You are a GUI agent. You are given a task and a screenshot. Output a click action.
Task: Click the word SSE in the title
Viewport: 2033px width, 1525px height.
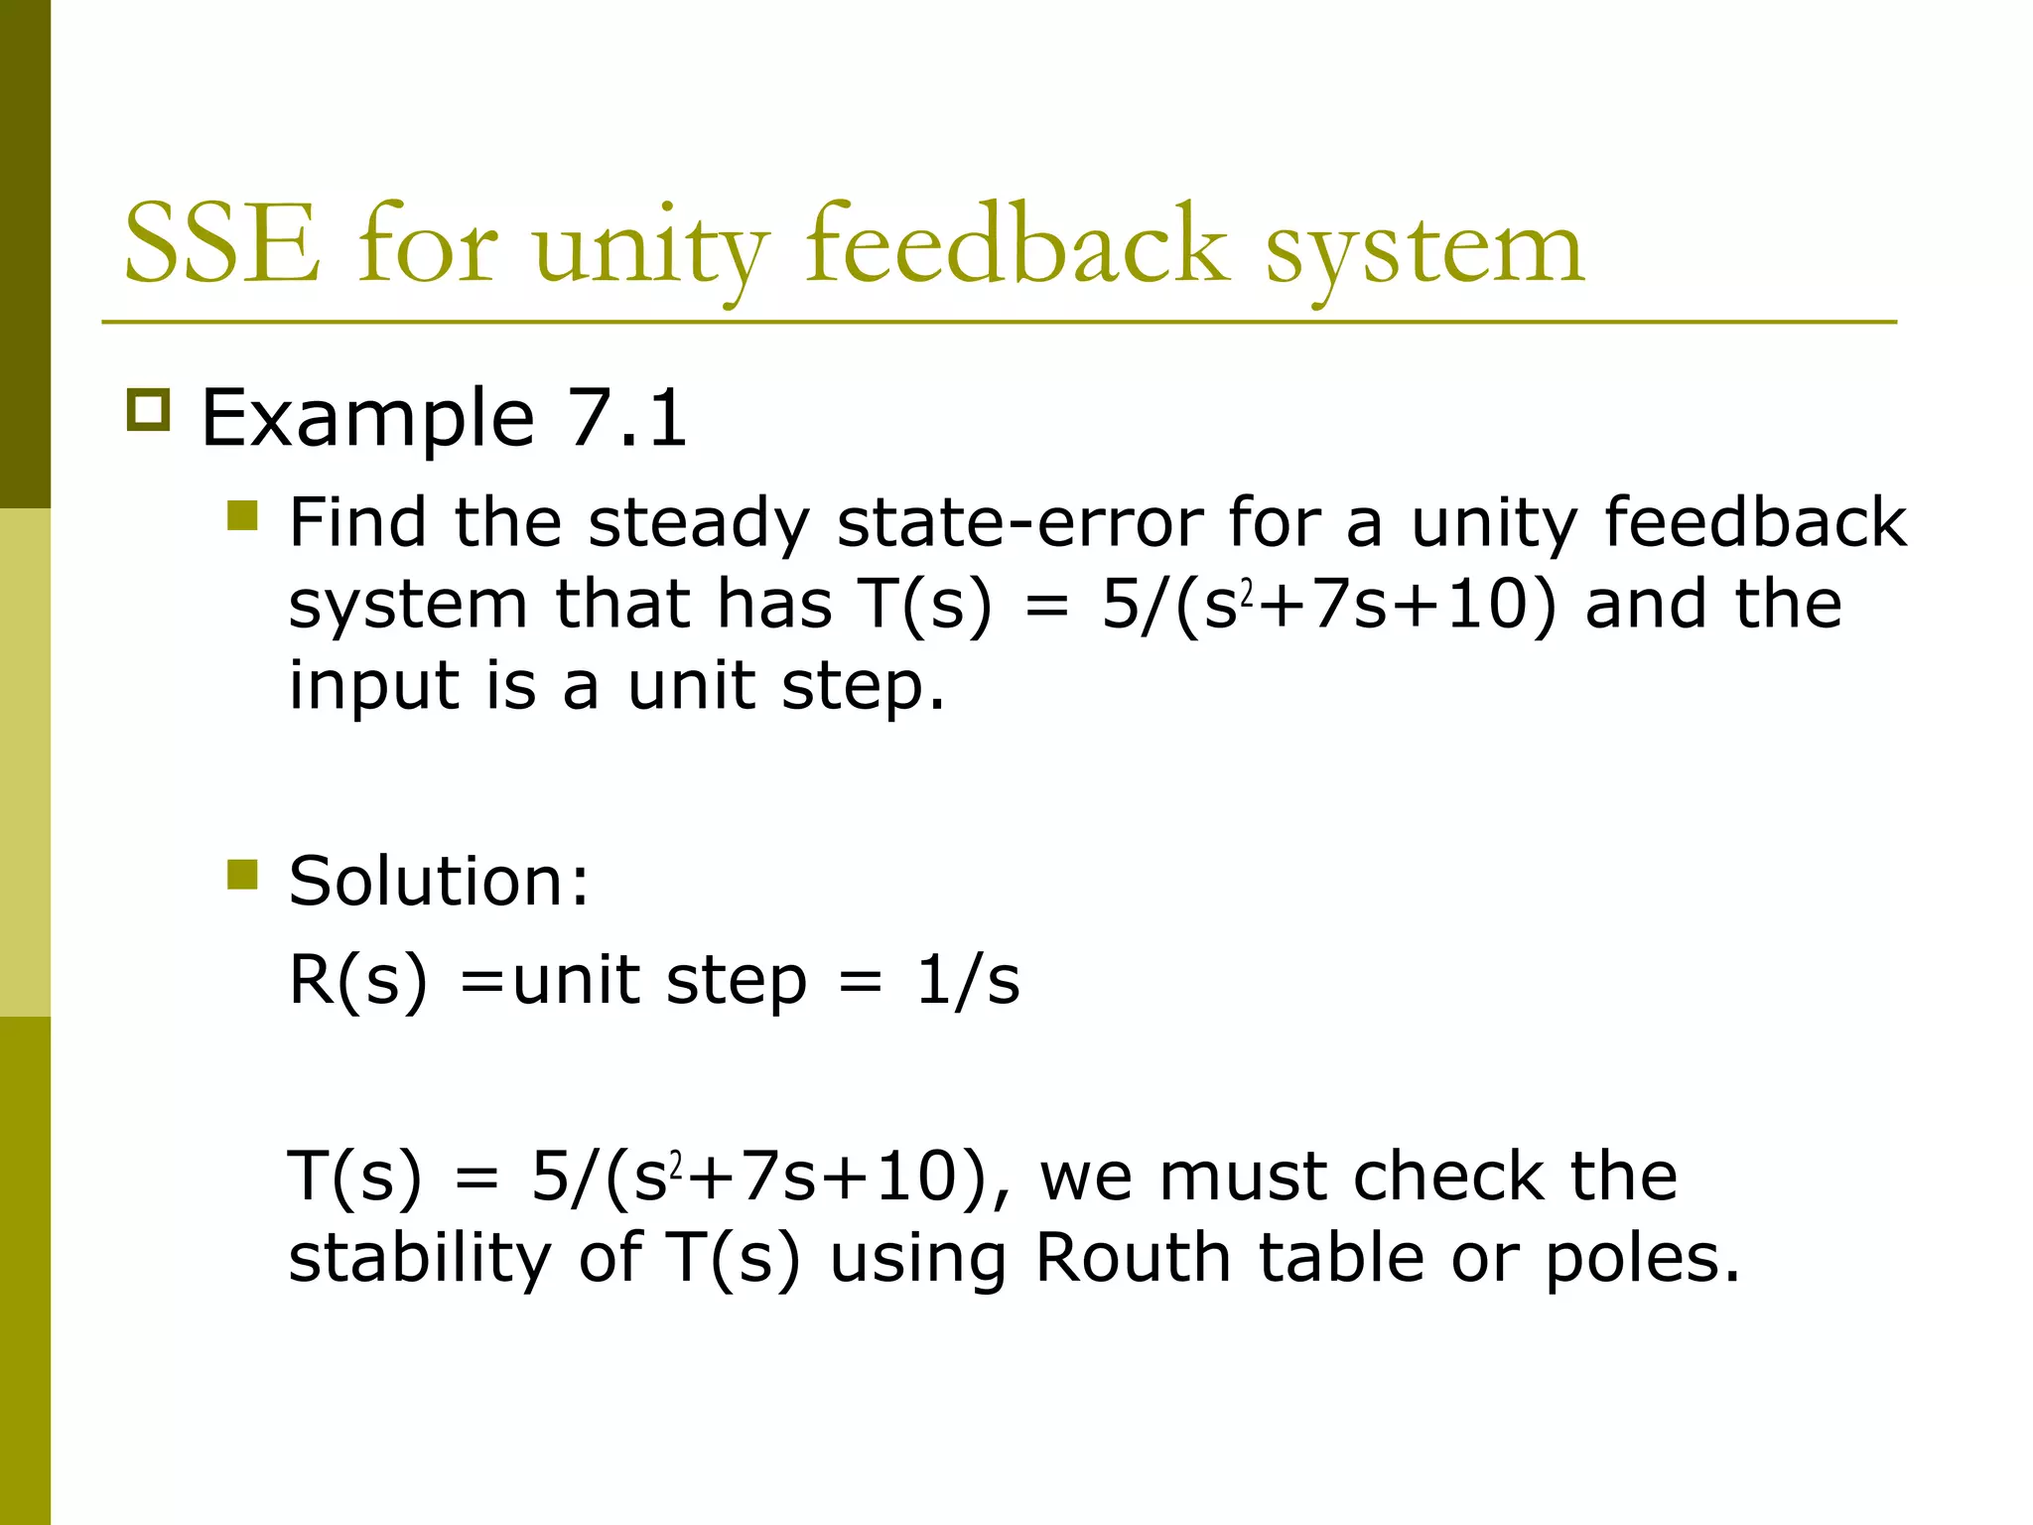coord(222,244)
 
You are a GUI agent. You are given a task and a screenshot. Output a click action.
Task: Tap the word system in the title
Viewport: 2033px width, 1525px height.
coord(1424,248)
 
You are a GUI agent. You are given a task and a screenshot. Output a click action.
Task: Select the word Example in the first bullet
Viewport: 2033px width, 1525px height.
coord(367,419)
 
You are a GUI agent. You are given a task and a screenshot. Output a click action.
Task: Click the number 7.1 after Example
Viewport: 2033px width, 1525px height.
coord(625,417)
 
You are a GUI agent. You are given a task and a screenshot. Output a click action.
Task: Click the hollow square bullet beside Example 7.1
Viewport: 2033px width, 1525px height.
coord(149,409)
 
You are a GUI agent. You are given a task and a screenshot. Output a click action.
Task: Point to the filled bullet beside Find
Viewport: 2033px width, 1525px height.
coord(242,516)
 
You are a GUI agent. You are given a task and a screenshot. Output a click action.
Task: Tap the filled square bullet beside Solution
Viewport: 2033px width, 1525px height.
coord(242,875)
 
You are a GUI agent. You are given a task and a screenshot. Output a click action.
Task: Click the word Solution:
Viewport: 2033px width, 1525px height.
coord(439,881)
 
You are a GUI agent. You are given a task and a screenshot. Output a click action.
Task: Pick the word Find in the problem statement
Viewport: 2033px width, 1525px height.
coord(357,522)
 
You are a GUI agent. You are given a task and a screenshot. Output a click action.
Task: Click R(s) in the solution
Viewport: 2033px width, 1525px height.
coord(357,981)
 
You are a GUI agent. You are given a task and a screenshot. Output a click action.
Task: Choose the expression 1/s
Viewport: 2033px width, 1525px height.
coord(968,981)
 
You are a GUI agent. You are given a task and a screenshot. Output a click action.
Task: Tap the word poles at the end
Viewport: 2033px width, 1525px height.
coord(1643,1258)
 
